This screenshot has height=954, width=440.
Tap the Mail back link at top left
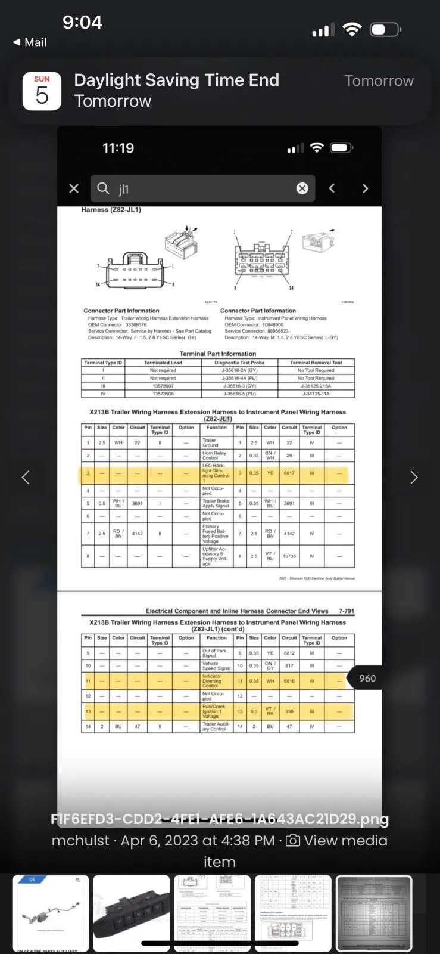pos(30,42)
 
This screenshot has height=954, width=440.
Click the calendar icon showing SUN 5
pos(42,91)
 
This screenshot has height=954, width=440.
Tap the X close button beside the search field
pos(74,188)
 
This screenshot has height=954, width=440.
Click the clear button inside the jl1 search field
pos(302,188)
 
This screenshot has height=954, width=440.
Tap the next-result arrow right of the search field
pos(365,188)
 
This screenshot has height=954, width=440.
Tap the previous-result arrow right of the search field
pos(332,188)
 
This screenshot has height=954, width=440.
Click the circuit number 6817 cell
pos(289,473)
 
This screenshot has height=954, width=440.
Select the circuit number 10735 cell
pos(289,556)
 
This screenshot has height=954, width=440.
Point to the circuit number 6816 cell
pos(289,681)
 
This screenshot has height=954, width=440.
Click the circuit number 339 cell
pos(289,711)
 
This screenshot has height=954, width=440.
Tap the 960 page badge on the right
pos(367,679)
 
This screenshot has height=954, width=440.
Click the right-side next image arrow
pos(414,477)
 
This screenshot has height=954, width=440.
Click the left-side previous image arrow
pos(26,477)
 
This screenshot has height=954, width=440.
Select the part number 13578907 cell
pos(163,386)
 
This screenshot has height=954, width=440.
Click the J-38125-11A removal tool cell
pos(316,394)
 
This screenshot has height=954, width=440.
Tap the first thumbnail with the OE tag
pos(51,912)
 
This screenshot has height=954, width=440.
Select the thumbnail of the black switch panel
pos(132,912)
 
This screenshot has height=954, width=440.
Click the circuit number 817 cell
pos(289,665)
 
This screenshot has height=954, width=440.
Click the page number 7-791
pos(346,611)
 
